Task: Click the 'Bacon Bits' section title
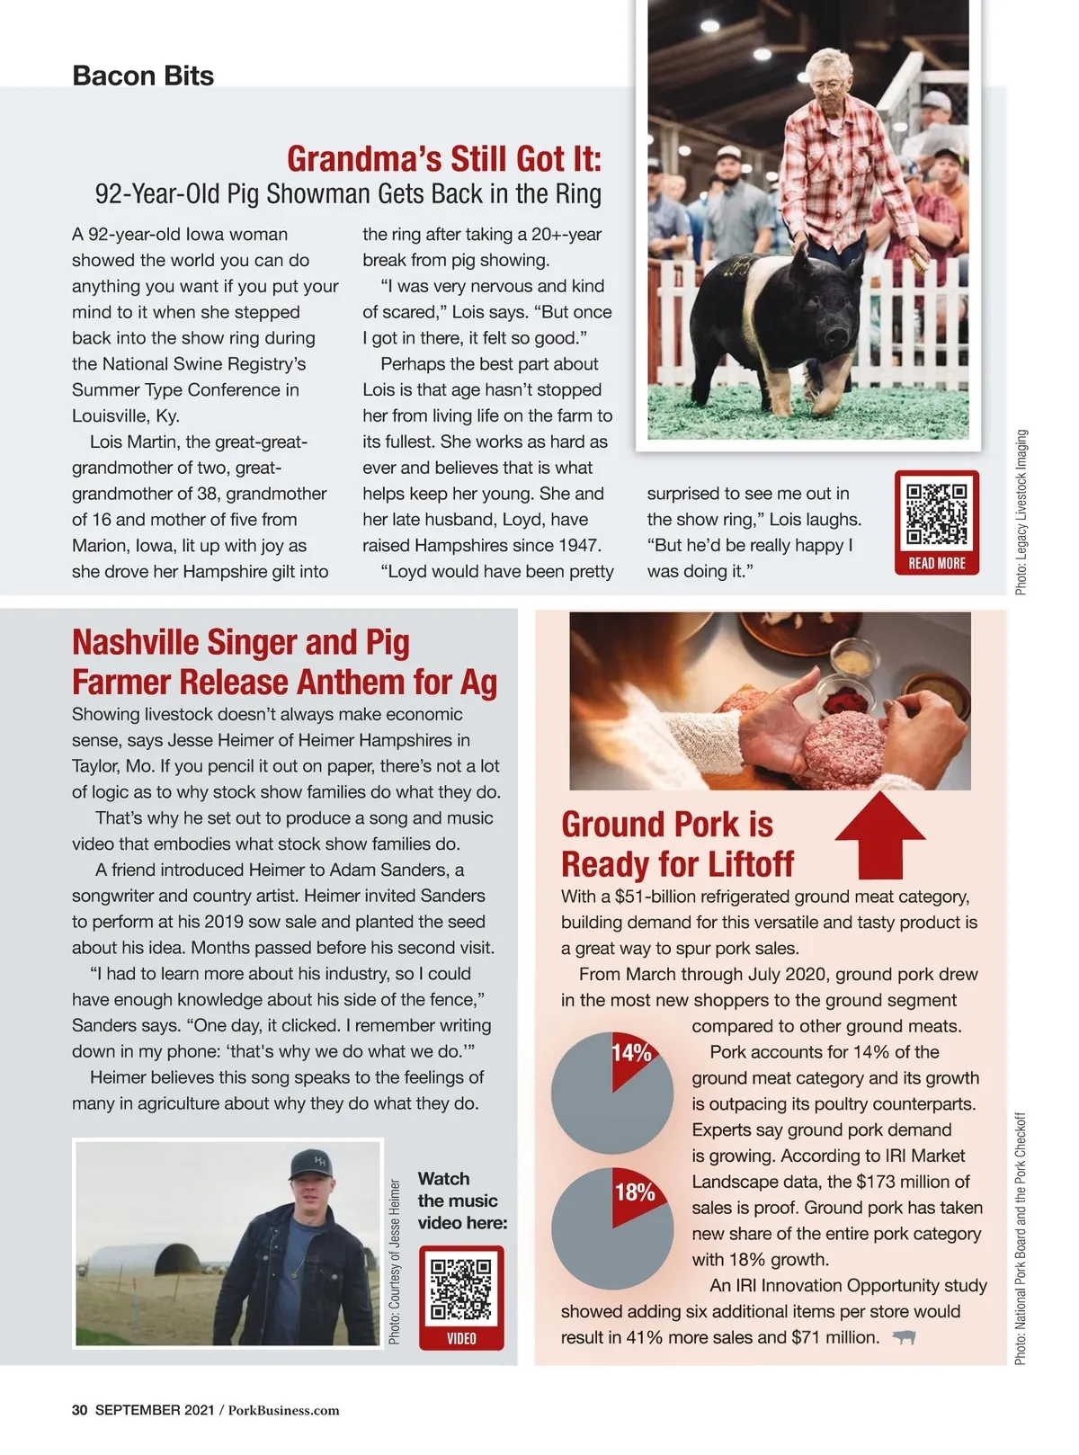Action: point(143,76)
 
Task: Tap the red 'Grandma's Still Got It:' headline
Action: point(444,159)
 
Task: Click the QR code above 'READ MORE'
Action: point(936,514)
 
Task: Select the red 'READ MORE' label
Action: point(936,563)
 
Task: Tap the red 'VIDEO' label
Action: point(461,1338)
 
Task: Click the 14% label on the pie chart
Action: point(631,1053)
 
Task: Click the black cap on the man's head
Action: point(311,1164)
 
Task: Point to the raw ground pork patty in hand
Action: point(843,746)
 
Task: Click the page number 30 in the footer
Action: point(79,1410)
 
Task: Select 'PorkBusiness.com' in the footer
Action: point(283,1410)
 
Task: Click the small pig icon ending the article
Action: point(904,1338)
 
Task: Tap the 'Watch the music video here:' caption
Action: point(462,1201)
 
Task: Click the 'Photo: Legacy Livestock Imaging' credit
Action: point(1021,512)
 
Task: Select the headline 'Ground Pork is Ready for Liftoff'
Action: point(677,844)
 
